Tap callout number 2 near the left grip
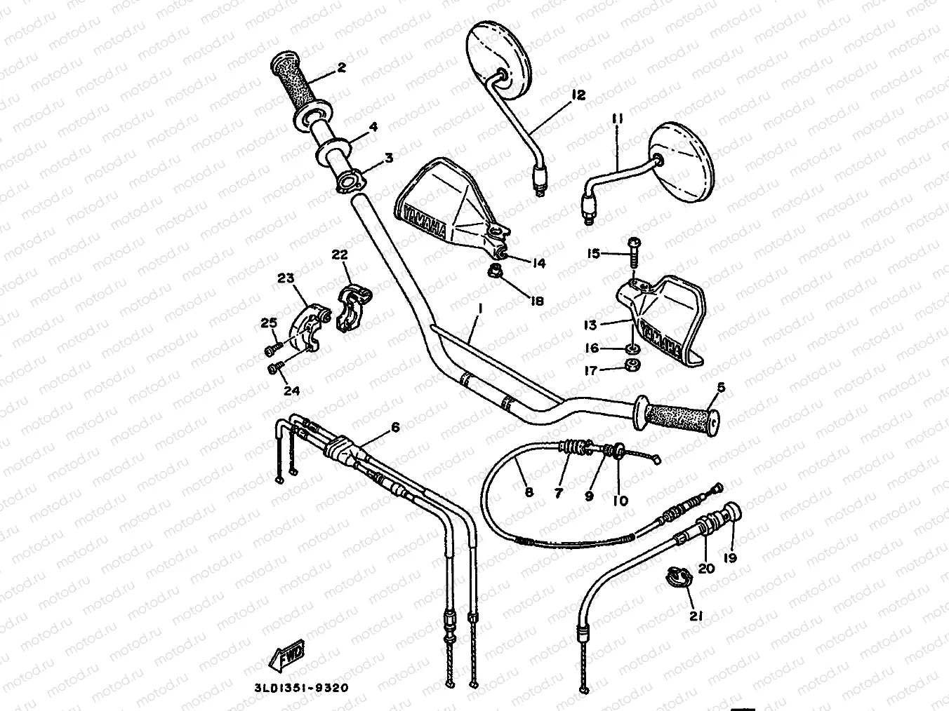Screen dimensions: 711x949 click(x=341, y=67)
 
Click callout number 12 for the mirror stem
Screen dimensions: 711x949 click(x=578, y=95)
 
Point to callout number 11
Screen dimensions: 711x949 click(x=617, y=121)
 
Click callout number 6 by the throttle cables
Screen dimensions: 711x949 click(x=394, y=426)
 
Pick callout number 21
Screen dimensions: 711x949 click(x=696, y=616)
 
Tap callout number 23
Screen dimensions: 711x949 click(x=285, y=278)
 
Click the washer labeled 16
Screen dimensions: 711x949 click(x=631, y=348)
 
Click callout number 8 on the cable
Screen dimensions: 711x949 click(x=529, y=492)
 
